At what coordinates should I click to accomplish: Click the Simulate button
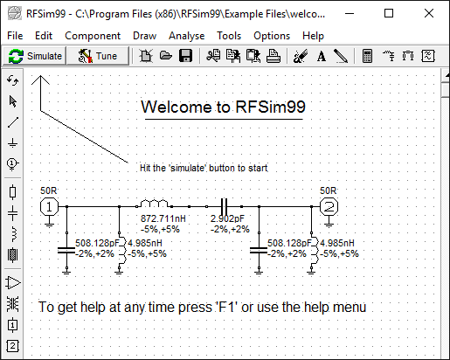pos(35,56)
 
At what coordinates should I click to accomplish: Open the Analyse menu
pos(186,36)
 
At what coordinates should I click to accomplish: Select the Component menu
pos(93,36)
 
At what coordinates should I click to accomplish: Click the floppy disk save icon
pos(185,56)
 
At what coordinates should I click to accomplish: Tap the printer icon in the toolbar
pos(273,56)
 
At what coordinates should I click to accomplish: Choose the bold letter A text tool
pos(322,56)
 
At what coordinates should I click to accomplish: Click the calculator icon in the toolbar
pos(367,56)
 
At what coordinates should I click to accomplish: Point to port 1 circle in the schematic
pos(49,207)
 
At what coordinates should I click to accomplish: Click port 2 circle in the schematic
pos(329,207)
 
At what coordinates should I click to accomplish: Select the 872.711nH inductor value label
pos(163,218)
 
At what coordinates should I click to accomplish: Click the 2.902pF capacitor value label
pos(227,218)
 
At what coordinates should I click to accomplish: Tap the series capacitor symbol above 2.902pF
pos(224,206)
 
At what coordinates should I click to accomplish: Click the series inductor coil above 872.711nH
pos(154,204)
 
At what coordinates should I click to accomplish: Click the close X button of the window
pos(429,13)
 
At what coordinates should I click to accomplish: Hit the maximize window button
pos(389,13)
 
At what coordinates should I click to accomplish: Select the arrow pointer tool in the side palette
pos(13,101)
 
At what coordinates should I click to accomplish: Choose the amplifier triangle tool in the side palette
pos(13,283)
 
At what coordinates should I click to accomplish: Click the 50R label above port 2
pos(328,190)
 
